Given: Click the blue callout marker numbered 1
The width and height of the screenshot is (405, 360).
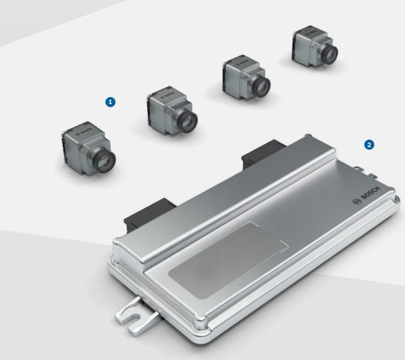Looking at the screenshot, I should coord(111,102).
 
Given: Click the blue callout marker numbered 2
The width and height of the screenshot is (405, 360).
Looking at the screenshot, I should coord(368,145).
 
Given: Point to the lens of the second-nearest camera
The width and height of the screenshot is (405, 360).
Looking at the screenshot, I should coord(188,121).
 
